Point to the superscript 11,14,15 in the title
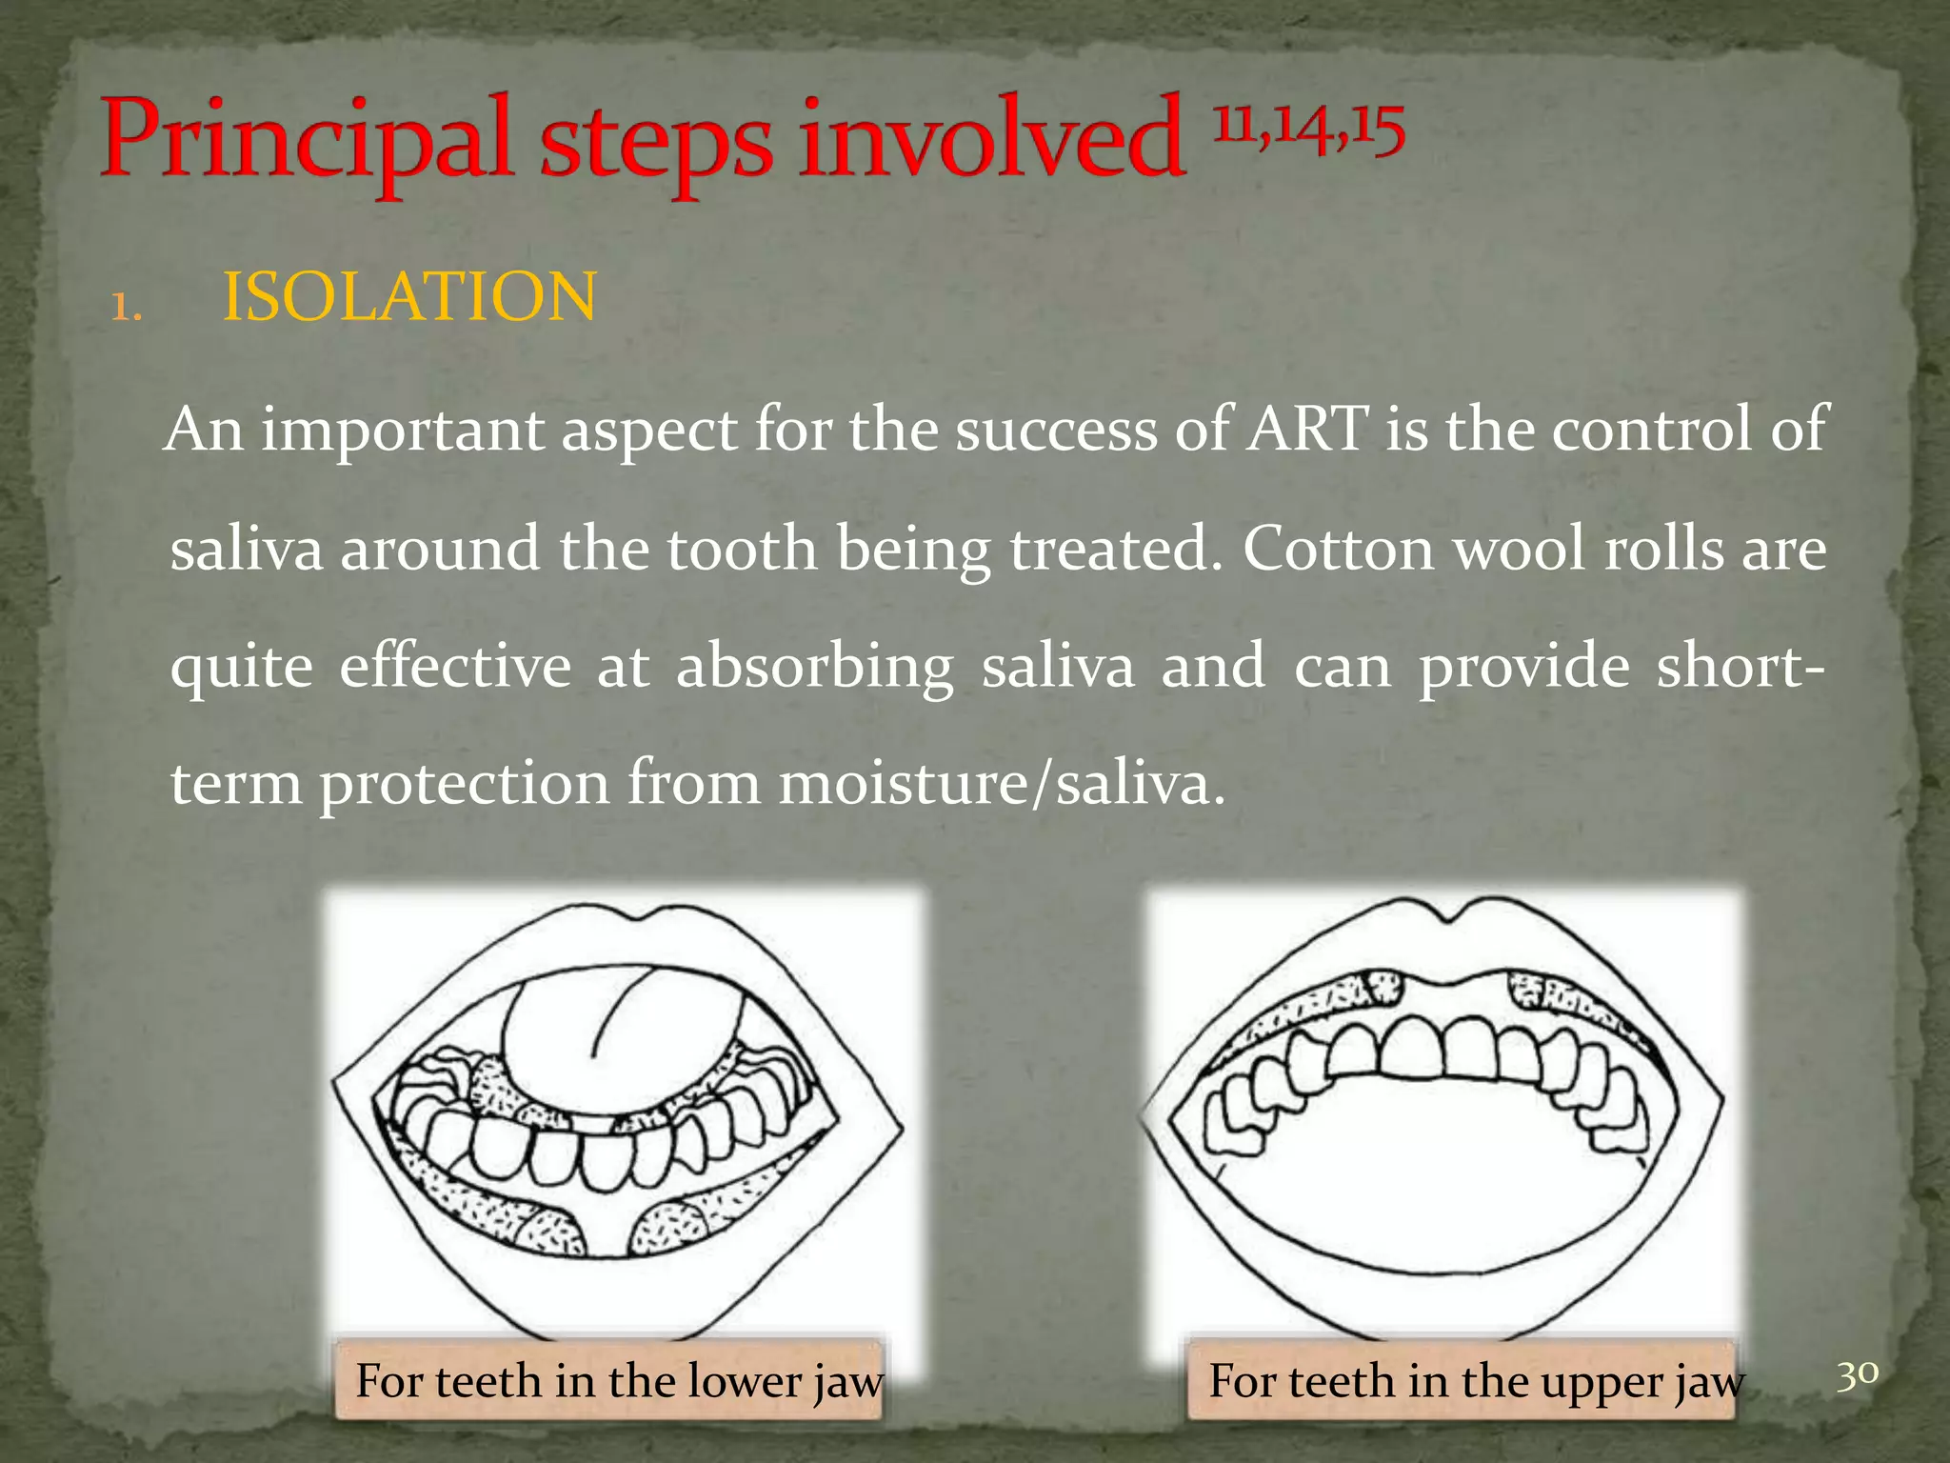point(1308,128)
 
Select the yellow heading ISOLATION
point(409,296)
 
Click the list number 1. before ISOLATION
point(127,308)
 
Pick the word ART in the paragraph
point(1308,429)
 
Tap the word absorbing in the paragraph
point(815,667)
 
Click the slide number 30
point(1857,1374)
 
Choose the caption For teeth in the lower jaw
point(619,1381)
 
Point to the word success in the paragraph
point(1056,429)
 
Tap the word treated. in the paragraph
point(1115,549)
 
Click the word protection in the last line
point(465,785)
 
